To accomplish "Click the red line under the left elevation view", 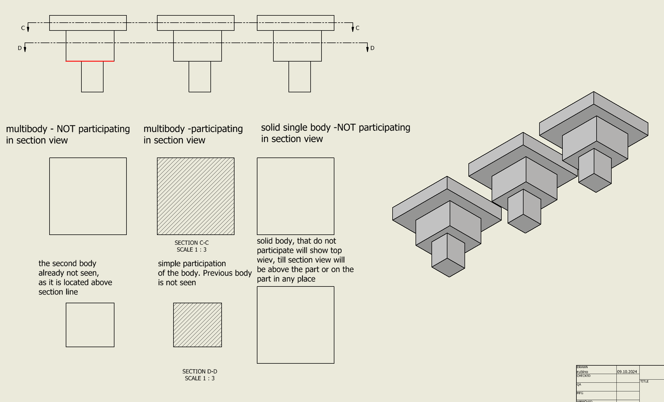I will pyautogui.click(x=90, y=61).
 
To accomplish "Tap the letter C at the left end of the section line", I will pyautogui.click(x=23, y=28).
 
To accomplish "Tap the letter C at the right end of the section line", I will pyautogui.click(x=358, y=28).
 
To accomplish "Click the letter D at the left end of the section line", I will pyautogui.click(x=20, y=48).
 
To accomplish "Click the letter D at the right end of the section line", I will pyautogui.click(x=372, y=48).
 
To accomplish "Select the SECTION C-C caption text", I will pyautogui.click(x=192, y=243).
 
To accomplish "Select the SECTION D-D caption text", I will pyautogui.click(x=200, y=372).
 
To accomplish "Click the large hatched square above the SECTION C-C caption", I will pyautogui.click(x=196, y=196).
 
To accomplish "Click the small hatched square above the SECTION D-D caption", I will pyautogui.click(x=197, y=325).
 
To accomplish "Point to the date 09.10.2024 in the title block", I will pyautogui.click(x=627, y=372).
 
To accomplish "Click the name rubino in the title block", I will pyautogui.click(x=582, y=372).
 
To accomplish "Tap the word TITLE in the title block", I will pyautogui.click(x=644, y=381).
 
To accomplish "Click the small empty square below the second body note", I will pyautogui.click(x=90, y=325).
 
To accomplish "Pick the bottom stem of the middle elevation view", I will pyautogui.click(x=200, y=76).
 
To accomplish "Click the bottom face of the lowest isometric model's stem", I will pyautogui.click(x=448, y=268).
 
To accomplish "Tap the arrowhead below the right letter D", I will pyautogui.click(x=367, y=50).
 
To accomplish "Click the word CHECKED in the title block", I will pyautogui.click(x=584, y=376).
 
